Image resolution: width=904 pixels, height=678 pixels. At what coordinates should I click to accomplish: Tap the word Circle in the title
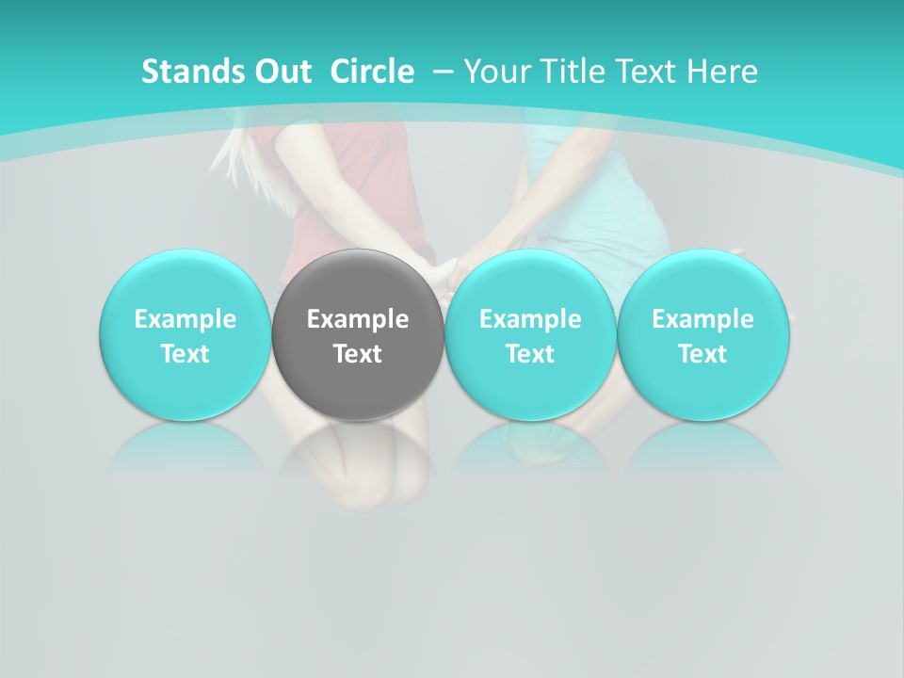coord(372,72)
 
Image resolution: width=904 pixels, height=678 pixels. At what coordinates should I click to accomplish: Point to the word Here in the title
coord(721,72)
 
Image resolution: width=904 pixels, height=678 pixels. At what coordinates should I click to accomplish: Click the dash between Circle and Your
coord(440,72)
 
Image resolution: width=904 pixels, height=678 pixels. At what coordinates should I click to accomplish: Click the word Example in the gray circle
coord(358,319)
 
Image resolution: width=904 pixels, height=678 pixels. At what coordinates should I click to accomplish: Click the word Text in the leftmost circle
coord(185,354)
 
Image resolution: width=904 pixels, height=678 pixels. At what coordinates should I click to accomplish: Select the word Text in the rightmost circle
coord(702,354)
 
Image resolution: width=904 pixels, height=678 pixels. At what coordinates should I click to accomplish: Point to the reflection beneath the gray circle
coord(358,452)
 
